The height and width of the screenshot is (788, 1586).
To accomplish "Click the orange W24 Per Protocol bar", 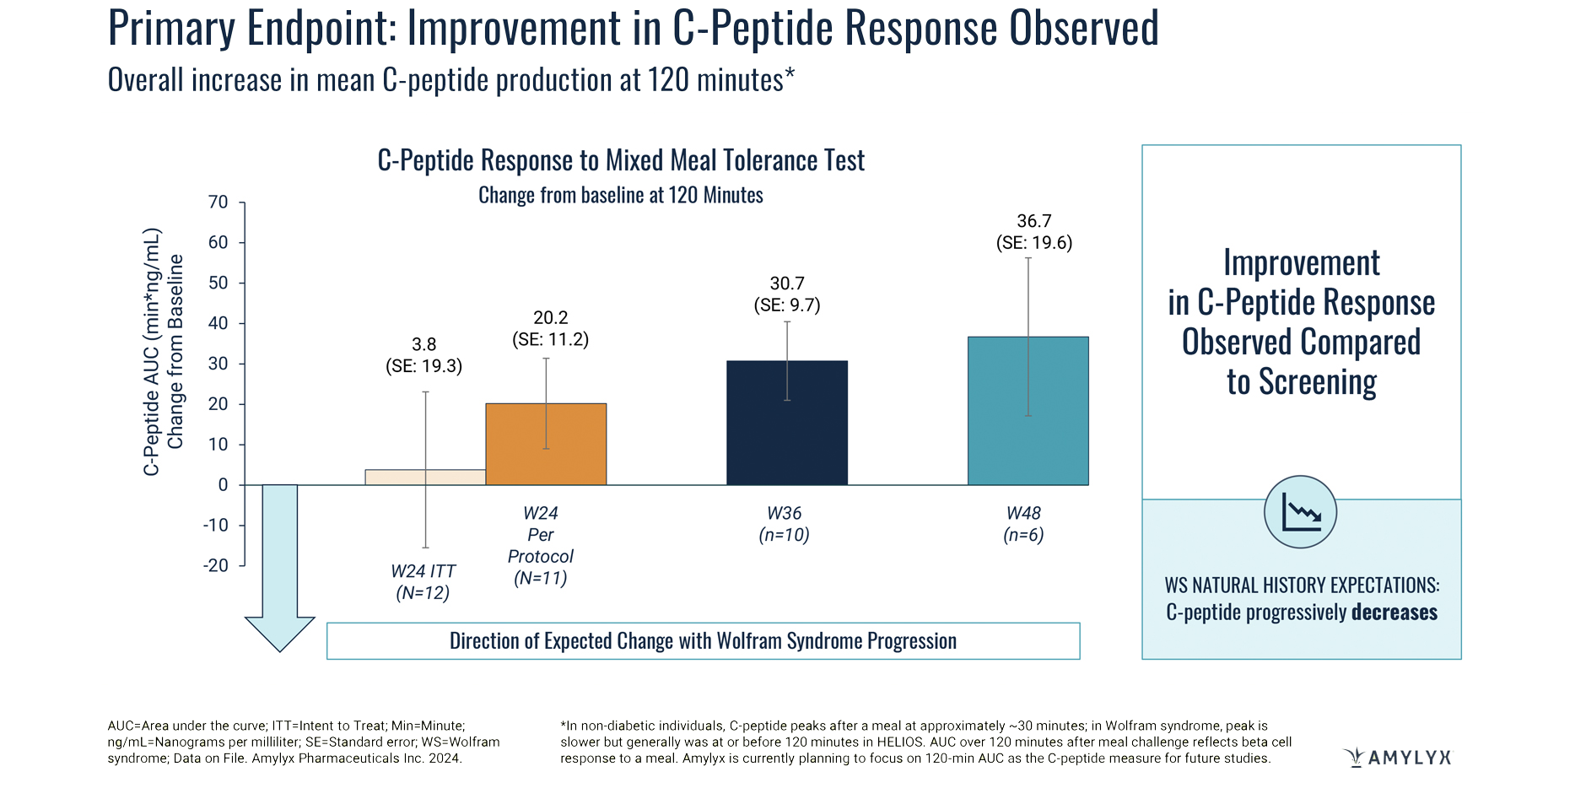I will click(546, 444).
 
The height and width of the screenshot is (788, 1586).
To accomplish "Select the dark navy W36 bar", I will click(786, 423).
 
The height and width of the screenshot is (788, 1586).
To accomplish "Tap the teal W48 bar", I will click(1028, 411).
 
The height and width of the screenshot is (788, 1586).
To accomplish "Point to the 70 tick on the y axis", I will click(218, 202).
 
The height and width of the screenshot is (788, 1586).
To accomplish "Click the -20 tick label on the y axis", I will click(216, 565).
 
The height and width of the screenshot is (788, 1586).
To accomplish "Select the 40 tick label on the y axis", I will click(218, 323).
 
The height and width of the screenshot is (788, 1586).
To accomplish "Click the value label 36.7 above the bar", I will click(1033, 221).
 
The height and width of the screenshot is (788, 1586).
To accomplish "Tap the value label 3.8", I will click(423, 344).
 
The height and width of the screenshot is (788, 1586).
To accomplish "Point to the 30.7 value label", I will click(786, 283).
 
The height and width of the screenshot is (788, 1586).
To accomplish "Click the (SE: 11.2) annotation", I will click(550, 339).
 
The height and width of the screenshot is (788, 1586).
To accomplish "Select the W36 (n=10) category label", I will click(784, 524).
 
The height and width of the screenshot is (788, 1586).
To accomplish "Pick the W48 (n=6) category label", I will click(1023, 524).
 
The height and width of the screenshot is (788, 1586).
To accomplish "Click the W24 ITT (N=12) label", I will click(423, 582).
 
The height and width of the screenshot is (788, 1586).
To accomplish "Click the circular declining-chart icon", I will click(1300, 512).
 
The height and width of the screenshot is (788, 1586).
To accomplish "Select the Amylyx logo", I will click(1397, 757).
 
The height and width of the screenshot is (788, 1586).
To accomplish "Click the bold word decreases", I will click(1394, 612).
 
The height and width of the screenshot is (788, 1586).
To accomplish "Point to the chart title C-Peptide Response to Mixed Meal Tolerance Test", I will click(620, 160).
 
